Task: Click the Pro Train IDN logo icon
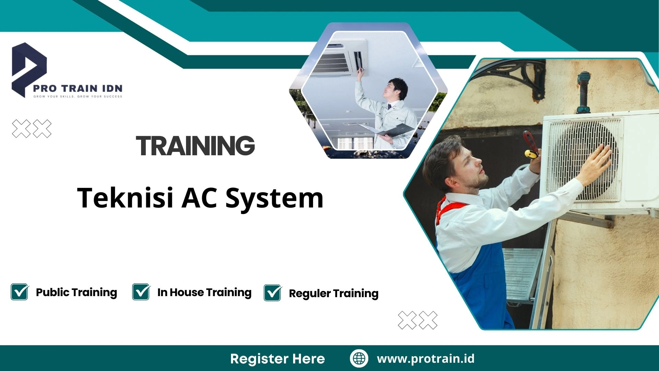[x=29, y=69]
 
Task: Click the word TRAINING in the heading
[x=195, y=145]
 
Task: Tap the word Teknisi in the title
[x=125, y=198]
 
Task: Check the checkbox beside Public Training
[x=20, y=292]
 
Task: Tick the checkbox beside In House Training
[x=141, y=292]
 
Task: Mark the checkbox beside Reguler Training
[x=273, y=293]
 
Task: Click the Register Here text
[x=277, y=359]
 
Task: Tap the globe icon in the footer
[x=359, y=358]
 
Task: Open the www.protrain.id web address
[x=426, y=359]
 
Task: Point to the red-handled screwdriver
[x=530, y=144]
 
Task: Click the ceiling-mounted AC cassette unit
[x=340, y=58]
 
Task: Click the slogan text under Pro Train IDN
[x=78, y=97]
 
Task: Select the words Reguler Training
[x=334, y=293]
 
